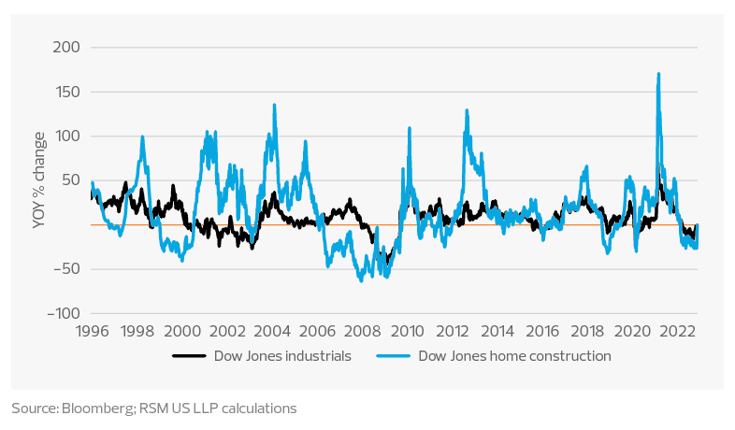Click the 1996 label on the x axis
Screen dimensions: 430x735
[x=92, y=330]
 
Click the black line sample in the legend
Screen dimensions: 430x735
[x=190, y=356]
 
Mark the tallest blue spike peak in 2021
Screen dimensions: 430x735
[x=659, y=73]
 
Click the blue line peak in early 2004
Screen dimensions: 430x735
[x=274, y=105]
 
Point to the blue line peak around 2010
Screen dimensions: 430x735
[x=410, y=128]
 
